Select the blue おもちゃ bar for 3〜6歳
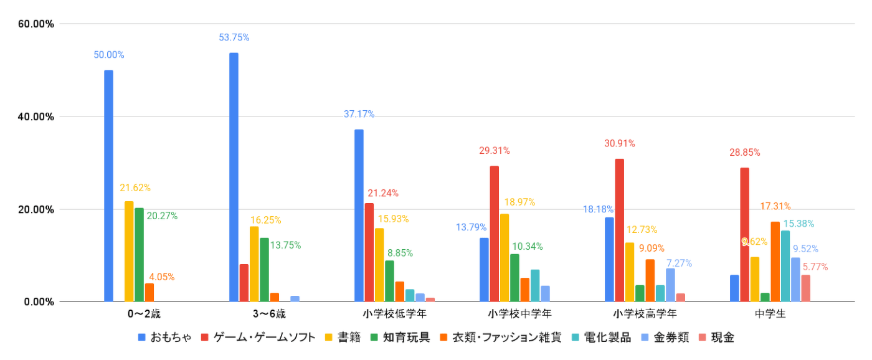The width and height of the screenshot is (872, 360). pos(234,177)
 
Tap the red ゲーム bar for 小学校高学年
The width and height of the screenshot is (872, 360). pos(619,230)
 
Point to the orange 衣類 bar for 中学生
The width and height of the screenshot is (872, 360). pos(775,262)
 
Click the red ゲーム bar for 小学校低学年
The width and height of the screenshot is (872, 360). pos(369,252)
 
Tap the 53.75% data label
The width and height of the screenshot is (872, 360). pos(234,37)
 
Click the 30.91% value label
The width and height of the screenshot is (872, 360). pos(619,143)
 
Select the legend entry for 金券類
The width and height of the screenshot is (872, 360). pos(667,338)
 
